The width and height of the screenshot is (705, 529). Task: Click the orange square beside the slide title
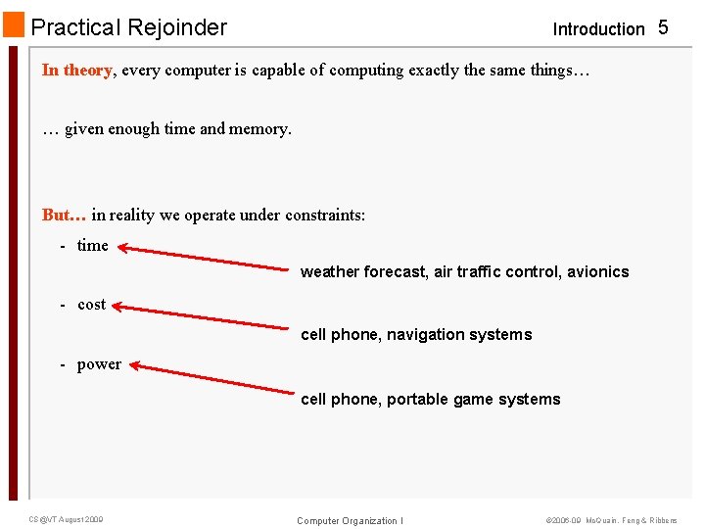coord(14,25)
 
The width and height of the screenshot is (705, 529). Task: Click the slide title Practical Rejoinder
coord(129,27)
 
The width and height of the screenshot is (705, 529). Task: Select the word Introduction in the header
coord(598,29)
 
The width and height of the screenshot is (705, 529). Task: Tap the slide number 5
coord(663,27)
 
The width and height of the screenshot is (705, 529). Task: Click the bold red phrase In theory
coord(77,71)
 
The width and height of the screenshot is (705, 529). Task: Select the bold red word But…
coord(65,215)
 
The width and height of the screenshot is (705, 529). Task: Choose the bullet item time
coord(93,246)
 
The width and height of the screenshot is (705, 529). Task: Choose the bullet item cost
coord(91,305)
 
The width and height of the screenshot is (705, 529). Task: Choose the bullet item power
coord(99,364)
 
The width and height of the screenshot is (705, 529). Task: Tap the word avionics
coord(598,272)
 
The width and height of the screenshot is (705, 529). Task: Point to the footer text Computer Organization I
coord(350,521)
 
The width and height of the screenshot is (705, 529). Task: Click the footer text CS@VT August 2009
coord(67,519)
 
